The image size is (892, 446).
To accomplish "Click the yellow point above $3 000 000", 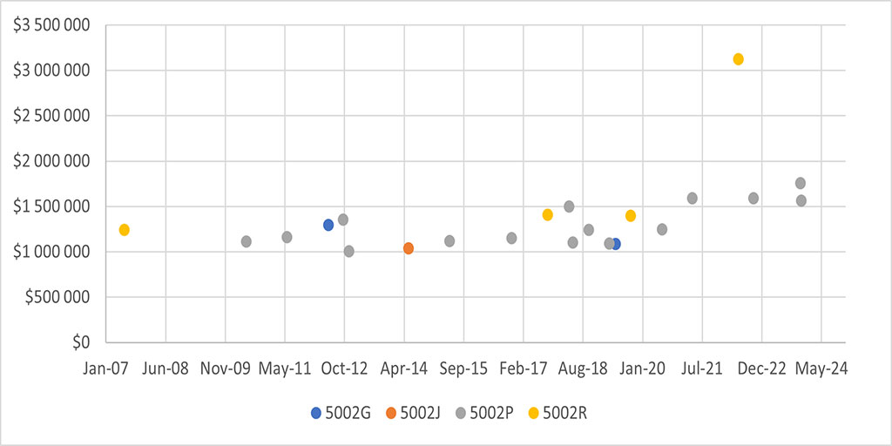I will [738, 59].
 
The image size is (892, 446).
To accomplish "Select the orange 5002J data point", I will [409, 248].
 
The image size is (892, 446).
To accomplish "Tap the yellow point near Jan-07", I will [125, 230].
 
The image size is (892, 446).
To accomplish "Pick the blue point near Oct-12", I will [328, 225].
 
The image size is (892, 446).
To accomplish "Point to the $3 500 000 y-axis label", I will [51, 25].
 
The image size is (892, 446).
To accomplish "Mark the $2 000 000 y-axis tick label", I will [51, 161].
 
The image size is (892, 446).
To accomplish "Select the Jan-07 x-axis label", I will [106, 368].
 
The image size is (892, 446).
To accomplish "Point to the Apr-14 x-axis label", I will [404, 368].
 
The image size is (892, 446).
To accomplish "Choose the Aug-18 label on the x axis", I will [583, 368].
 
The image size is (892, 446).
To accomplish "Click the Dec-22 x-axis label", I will [761, 368].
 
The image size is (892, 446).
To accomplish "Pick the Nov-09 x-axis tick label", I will [226, 368].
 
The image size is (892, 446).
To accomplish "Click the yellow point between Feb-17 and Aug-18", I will [548, 214].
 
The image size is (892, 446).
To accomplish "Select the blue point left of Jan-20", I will [615, 244].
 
